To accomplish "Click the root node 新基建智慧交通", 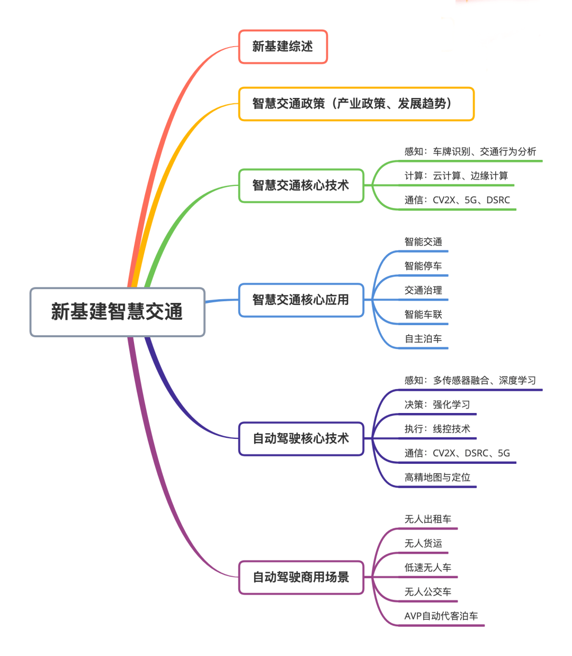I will (117, 312).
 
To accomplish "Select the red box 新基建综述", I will (283, 47).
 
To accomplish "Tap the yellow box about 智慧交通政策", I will (356, 104).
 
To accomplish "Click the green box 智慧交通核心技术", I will (301, 185).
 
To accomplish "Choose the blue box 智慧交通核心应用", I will (301, 300).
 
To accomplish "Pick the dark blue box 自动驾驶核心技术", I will (301, 438).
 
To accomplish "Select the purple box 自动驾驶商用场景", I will (301, 577).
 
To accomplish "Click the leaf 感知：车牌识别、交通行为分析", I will (470, 152).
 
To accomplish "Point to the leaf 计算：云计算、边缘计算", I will (456, 176).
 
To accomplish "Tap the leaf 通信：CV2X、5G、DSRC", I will (457, 200).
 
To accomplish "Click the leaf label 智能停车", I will (423, 266).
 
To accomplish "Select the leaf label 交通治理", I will (423, 290).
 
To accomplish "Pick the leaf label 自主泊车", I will (423, 339).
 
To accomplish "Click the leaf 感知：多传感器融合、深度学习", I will (470, 381).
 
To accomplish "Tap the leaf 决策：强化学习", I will (437, 405).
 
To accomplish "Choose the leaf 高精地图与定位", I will (437, 478).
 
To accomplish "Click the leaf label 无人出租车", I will (428, 519).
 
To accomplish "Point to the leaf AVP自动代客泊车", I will (441, 616).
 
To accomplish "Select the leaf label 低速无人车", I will (428, 568).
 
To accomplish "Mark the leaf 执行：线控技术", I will (437, 429).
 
